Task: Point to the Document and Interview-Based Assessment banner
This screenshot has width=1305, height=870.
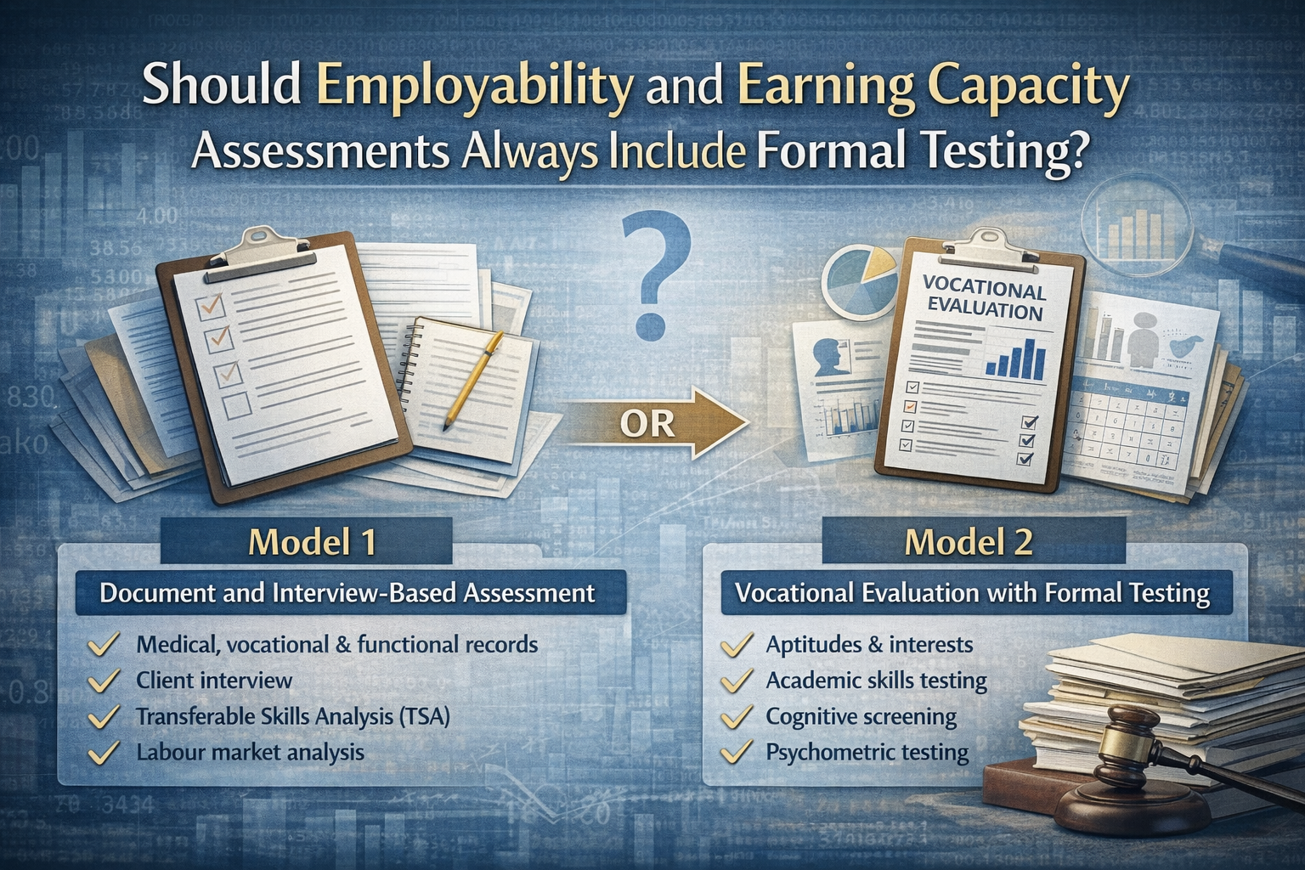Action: [x=347, y=592]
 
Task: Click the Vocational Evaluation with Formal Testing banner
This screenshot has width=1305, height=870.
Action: [x=972, y=592]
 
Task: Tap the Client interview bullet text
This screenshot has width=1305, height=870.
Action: [x=214, y=681]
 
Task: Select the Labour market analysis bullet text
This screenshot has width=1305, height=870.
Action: [x=250, y=752]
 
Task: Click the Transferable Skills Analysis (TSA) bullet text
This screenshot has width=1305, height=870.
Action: [x=292, y=716]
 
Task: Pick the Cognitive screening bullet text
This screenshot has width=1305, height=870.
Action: [x=861, y=716]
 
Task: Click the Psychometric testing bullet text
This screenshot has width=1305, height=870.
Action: [x=867, y=752]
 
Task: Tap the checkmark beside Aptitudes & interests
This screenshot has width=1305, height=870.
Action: [x=736, y=646]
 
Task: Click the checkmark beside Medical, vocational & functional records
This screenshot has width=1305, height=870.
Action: [x=104, y=646]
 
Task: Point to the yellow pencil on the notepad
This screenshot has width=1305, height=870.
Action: [x=472, y=378]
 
